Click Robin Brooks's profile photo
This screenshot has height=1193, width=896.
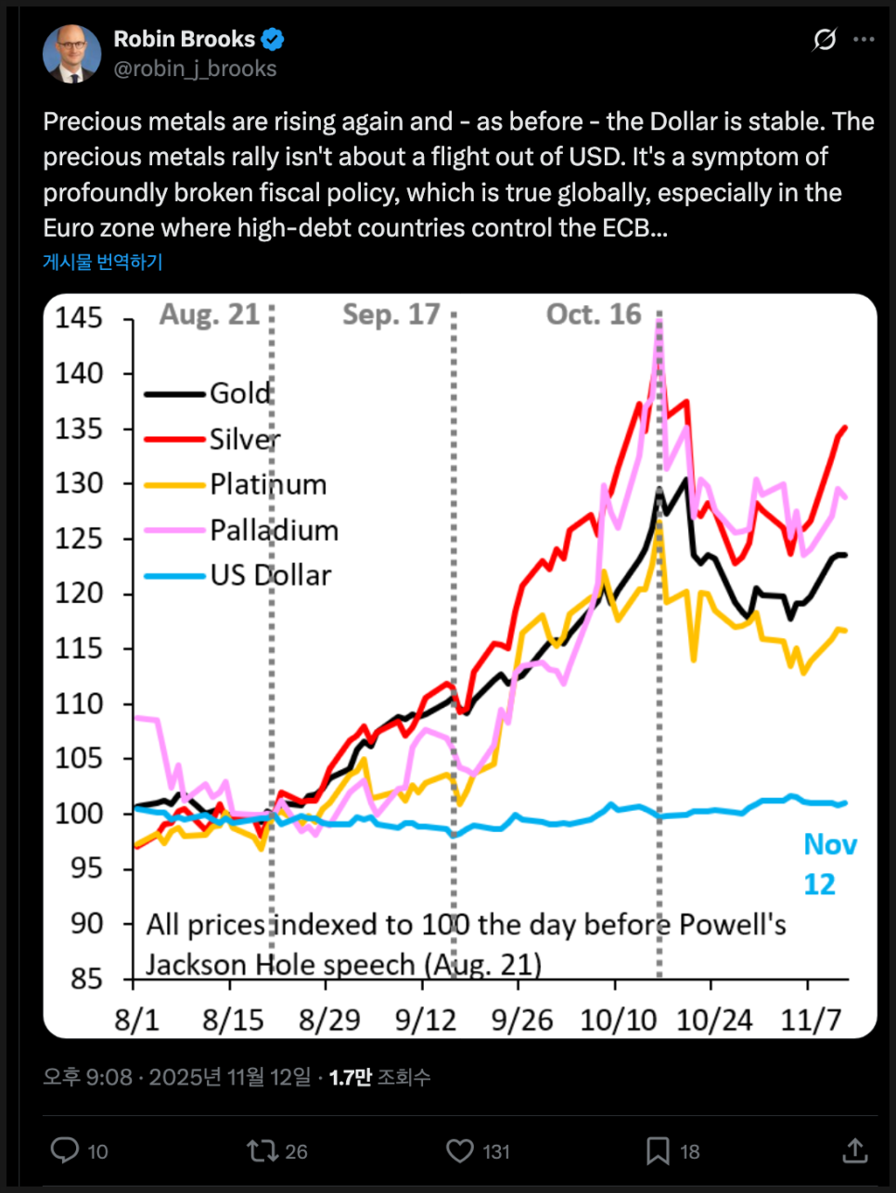pos(71,54)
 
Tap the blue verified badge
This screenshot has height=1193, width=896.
pos(273,39)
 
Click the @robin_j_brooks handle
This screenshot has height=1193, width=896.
pos(195,69)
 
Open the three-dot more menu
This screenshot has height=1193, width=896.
pos(864,39)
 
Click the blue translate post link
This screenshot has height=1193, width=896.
pos(103,262)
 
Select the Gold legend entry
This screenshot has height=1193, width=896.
pos(239,393)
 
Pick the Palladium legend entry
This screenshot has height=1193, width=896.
pos(274,530)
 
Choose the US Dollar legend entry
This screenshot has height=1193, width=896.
pos(270,575)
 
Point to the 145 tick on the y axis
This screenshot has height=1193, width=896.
pos(79,318)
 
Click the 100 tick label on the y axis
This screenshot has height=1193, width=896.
pos(79,814)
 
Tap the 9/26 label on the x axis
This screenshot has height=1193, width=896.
pos(522,1020)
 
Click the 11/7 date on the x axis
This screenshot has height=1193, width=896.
pos(811,1020)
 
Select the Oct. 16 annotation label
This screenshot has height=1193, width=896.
pos(594,314)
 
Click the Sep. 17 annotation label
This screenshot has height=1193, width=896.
pos(390,314)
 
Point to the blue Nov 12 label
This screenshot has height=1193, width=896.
pos(828,864)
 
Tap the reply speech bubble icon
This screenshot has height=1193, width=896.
pos(65,1150)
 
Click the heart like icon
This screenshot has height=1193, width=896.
pos(459,1150)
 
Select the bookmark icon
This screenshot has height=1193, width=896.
pos(658,1150)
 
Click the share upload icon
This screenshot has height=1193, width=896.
pos(854,1150)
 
